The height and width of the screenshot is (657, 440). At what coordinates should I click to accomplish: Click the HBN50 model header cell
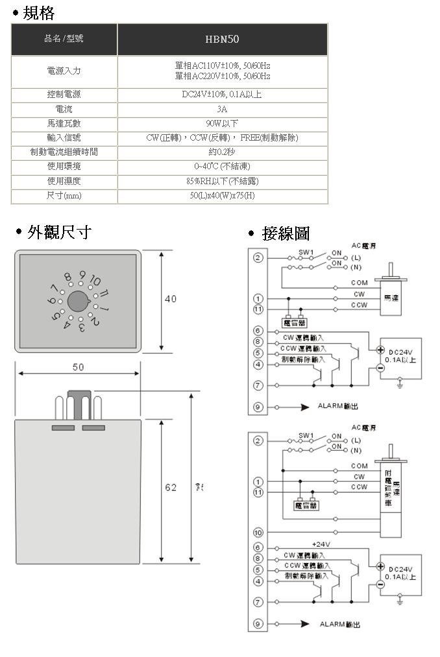coord(222,40)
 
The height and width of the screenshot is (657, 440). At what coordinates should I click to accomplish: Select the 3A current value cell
coord(222,109)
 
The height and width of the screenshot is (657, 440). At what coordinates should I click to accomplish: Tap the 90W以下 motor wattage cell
coord(222,123)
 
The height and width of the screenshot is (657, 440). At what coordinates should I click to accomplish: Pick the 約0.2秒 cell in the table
coord(222,152)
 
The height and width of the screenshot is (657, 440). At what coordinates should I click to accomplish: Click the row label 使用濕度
coord(64,181)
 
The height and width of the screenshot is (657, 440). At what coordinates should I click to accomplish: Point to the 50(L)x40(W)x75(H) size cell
coord(222,196)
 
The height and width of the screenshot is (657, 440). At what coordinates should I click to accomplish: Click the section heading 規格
coord(38,13)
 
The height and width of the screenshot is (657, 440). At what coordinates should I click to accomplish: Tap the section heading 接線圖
coord(286,233)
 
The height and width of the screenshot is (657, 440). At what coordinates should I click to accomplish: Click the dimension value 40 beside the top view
coord(170,299)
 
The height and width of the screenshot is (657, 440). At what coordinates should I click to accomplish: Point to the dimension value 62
coord(170,488)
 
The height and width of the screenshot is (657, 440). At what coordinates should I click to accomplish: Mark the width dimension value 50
coord(77,367)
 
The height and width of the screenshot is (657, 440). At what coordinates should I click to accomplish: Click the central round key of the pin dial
coord(78,300)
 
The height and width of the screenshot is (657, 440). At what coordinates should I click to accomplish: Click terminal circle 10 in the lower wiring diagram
coord(258,532)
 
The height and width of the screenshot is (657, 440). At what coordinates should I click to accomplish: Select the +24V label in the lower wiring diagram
coord(321,544)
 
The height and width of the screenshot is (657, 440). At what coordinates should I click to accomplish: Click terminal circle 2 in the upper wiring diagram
coord(258,258)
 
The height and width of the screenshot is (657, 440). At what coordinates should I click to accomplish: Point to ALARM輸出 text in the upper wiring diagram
coord(337,407)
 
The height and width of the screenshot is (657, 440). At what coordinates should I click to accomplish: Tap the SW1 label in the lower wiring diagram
coord(306,434)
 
